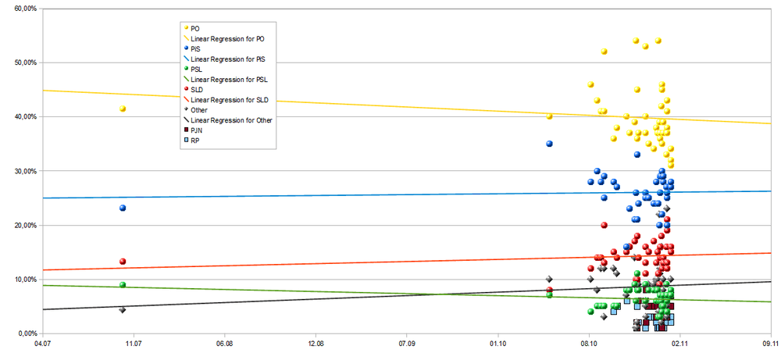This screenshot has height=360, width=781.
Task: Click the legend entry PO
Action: (194, 28)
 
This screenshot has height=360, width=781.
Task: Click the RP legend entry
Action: (195, 141)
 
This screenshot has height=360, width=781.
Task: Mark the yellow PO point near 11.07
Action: (123, 109)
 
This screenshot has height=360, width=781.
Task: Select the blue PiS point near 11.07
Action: (123, 208)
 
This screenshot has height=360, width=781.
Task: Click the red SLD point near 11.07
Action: (123, 262)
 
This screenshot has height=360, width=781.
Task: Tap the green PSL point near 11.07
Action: (123, 285)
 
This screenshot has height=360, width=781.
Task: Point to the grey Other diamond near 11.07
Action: (123, 310)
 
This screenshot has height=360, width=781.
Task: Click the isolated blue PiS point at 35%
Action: (550, 144)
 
